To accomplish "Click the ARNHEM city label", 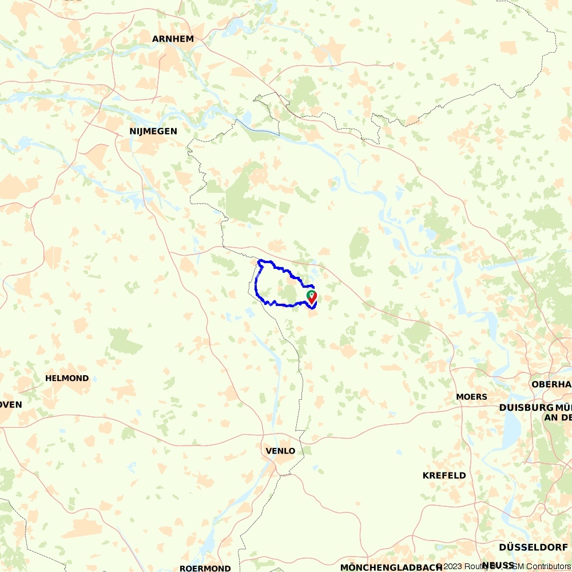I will coord(173,39).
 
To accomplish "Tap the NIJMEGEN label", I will coord(153,132).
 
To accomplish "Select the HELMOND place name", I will coord(67,378).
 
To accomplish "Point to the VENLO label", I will coord(281,451).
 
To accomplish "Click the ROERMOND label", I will coord(205,568).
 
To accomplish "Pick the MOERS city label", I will coord(472,396).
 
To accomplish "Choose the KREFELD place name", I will coord(444,475).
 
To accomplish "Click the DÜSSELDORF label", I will coord(533,547).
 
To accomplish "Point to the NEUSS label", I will coord(498,565).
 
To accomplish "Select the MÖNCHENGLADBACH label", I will coord(391,567).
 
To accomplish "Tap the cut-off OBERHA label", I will coord(551,384).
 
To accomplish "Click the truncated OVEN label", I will coord(11,404).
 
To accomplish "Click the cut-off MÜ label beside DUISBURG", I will coord(563,407).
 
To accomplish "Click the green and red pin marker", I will coord(312,297).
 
